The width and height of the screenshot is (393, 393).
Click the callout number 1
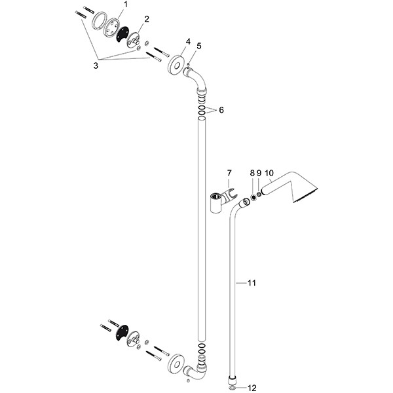pyautogui.click(x=126, y=5)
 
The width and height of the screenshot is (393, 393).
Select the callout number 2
pyautogui.click(x=146, y=19)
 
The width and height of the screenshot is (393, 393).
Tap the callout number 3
pyautogui.click(x=96, y=66)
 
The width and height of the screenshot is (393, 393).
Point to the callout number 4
pyautogui.click(x=188, y=41)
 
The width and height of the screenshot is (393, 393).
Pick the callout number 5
pyautogui.click(x=199, y=46)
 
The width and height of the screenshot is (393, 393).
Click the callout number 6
pyautogui.click(x=221, y=110)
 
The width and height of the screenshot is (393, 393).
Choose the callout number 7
pyautogui.click(x=229, y=173)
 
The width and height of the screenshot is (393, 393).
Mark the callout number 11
pyautogui.click(x=252, y=283)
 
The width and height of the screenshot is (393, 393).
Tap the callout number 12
pyautogui.click(x=252, y=388)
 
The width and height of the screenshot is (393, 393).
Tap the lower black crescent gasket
pyautogui.click(x=122, y=333)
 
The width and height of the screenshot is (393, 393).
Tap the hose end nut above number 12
pyautogui.click(x=233, y=380)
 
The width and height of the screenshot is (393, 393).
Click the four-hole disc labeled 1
pyautogui.click(x=111, y=28)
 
